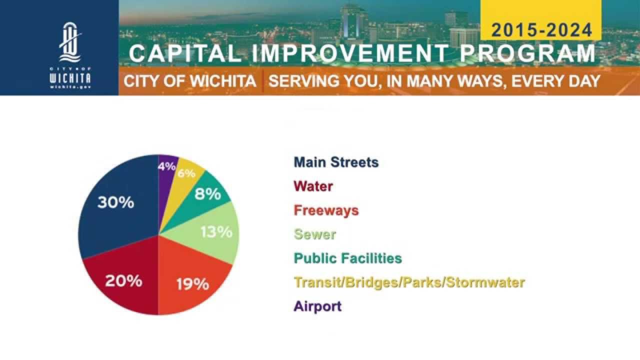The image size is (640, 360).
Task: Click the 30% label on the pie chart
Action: click(x=115, y=202)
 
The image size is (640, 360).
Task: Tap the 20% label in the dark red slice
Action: click(x=123, y=281)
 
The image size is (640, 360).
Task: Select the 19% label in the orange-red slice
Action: click(x=192, y=284)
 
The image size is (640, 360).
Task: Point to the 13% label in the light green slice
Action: click(x=216, y=232)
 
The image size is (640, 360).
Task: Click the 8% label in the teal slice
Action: click(x=207, y=194)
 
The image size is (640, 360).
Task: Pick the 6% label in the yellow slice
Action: click(x=186, y=173)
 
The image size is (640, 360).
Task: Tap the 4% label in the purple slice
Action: click(x=166, y=166)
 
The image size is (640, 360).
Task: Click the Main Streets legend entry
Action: click(x=336, y=162)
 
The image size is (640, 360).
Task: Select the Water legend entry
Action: click(x=313, y=186)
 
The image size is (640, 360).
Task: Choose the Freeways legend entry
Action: click(x=326, y=210)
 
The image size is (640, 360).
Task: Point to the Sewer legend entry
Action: click(x=315, y=234)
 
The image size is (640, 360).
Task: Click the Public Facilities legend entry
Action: click(x=347, y=258)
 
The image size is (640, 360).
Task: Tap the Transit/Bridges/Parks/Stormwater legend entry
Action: click(x=409, y=282)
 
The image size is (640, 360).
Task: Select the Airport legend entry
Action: click(x=317, y=306)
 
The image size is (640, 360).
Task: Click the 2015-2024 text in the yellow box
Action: click(x=541, y=30)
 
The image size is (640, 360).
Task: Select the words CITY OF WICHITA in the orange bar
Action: click(x=190, y=81)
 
